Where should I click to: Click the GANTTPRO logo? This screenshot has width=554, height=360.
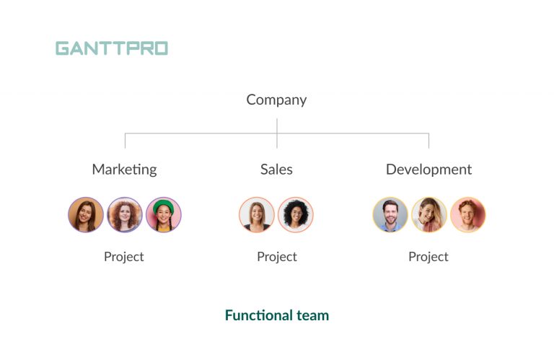click(112, 48)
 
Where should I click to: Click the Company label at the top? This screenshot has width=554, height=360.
click(276, 100)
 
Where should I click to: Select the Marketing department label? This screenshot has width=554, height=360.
click(124, 170)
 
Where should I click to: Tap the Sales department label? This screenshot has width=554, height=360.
click(276, 170)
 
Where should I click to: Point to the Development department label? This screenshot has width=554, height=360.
click(428, 170)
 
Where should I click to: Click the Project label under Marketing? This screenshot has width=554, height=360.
click(124, 257)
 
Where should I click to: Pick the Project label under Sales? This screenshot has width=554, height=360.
click(277, 257)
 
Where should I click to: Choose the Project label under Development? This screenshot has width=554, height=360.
click(428, 257)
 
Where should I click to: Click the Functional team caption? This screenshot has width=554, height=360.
click(277, 315)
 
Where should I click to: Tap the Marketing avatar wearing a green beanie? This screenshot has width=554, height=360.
click(164, 215)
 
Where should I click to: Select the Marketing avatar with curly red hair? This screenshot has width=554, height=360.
click(125, 215)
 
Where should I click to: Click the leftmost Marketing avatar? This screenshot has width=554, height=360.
click(86, 215)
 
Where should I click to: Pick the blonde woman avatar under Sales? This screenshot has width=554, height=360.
click(257, 215)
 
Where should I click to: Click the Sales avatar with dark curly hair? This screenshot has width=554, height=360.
click(296, 215)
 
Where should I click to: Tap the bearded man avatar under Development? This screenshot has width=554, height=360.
click(390, 215)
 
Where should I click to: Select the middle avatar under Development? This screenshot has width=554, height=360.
click(429, 215)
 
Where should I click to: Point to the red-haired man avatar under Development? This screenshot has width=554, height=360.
click(468, 215)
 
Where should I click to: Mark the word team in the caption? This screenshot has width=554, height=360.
click(313, 315)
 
